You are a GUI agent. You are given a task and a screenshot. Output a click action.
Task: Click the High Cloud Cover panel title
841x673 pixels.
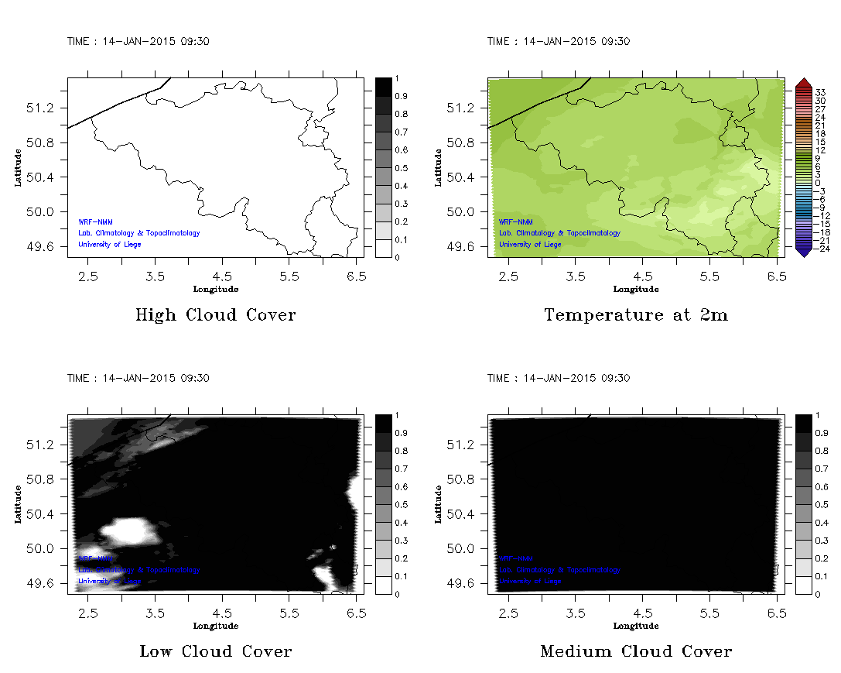215,315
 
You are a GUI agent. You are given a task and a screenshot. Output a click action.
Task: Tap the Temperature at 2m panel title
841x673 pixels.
635,315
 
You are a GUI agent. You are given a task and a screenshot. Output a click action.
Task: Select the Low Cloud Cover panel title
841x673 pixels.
215,651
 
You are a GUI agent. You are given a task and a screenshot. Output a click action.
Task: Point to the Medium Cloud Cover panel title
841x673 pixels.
635,651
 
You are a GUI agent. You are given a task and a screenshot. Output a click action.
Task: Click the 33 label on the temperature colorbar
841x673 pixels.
821,92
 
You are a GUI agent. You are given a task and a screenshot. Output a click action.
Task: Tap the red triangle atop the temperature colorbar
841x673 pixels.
802,82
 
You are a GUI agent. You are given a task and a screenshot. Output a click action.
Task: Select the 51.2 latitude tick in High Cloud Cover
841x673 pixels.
44,108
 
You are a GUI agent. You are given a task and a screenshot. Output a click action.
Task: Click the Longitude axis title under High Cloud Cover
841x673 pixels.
215,290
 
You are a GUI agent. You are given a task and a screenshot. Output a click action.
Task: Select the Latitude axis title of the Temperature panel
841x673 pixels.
438,167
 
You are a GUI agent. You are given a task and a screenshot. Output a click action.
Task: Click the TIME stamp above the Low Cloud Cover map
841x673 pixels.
138,378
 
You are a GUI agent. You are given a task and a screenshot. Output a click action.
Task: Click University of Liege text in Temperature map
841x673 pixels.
530,245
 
